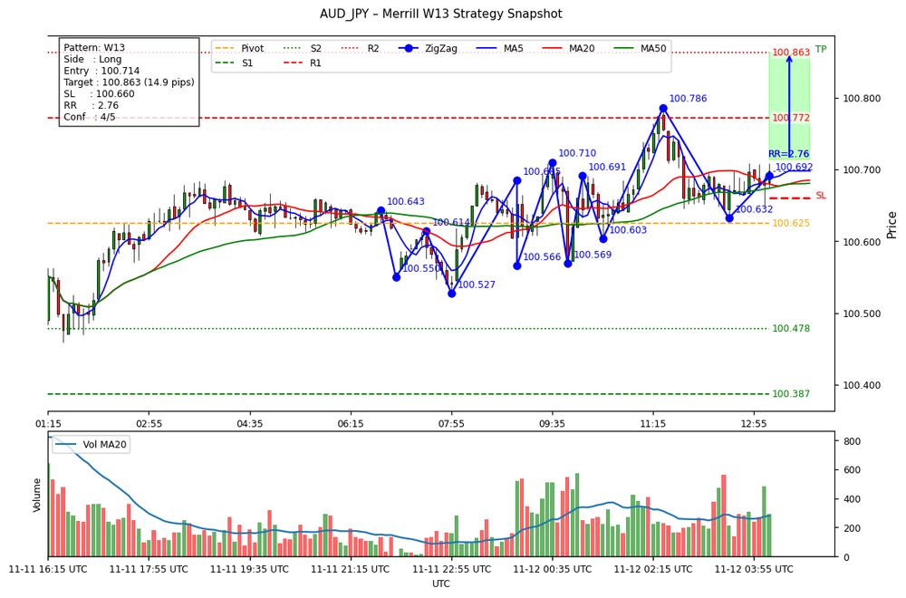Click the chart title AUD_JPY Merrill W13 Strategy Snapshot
[440, 14]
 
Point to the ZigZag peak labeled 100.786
[663, 109]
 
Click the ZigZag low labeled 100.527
[451, 293]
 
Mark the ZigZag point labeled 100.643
[381, 210]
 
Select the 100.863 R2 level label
[790, 53]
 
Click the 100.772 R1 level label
[790, 119]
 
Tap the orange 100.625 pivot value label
[790, 224]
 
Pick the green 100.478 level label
[790, 329]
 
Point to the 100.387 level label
[790, 394]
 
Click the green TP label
[821, 50]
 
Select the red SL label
[821, 196]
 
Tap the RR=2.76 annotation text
[789, 154]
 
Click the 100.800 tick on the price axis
[861, 98]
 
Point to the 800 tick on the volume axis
[853, 441]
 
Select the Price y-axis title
[892, 224]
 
